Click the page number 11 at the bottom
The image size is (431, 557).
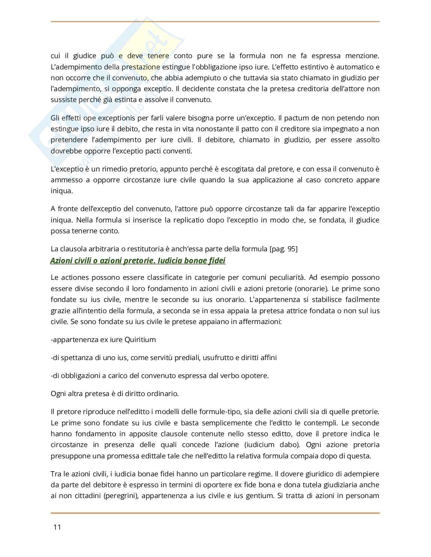(x=57, y=527)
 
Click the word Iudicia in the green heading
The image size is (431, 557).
(x=171, y=260)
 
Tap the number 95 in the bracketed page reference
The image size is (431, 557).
(x=291, y=249)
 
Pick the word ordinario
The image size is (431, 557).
(x=163, y=393)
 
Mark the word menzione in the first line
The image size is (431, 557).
(x=361, y=56)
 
